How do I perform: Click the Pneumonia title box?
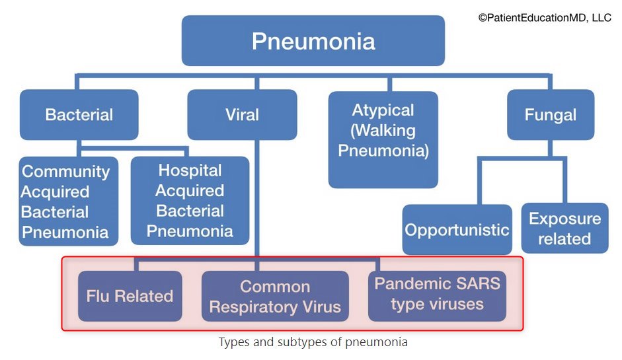(x=313, y=41)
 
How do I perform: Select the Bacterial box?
(x=79, y=114)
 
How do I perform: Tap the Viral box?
(x=242, y=114)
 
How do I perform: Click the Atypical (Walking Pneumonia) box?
(x=383, y=139)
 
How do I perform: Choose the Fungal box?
(x=550, y=114)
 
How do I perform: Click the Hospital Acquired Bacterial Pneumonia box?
(x=190, y=201)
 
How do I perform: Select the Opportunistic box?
(x=457, y=230)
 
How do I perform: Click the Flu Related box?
(x=130, y=296)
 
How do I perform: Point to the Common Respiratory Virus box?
(x=275, y=296)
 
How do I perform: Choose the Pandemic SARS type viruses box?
(x=437, y=294)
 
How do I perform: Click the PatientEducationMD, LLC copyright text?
(x=545, y=18)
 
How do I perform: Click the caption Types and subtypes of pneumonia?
(x=313, y=342)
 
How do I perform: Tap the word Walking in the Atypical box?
(x=383, y=130)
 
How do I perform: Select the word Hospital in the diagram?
(x=190, y=170)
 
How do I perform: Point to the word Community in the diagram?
(x=66, y=171)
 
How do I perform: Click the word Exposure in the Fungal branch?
(x=564, y=219)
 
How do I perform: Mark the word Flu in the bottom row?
(x=98, y=296)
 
